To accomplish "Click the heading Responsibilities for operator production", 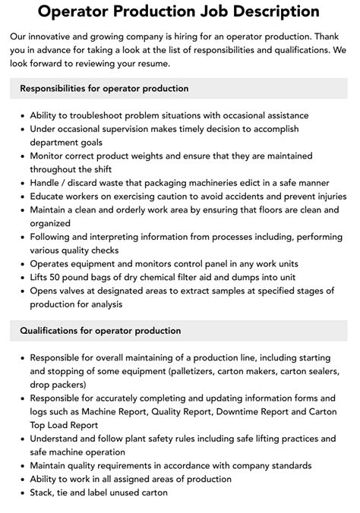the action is (x=104, y=89).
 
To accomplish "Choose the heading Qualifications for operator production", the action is (x=100, y=331).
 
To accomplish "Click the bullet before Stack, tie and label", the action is (x=22, y=493).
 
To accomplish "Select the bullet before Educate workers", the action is (x=22, y=197).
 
